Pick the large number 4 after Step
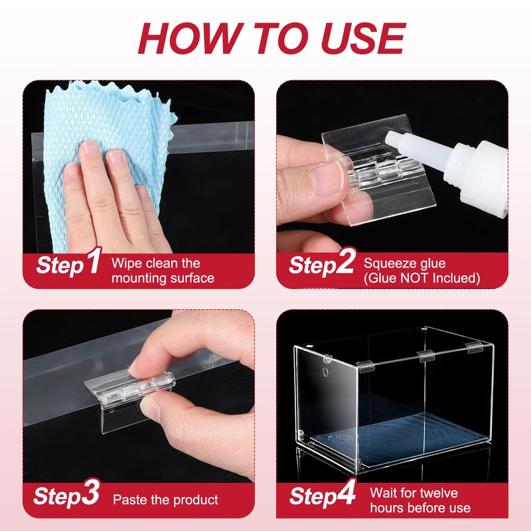click(346, 492)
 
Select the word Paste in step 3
click(128, 500)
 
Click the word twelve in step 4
click(439, 493)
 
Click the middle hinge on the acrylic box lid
click(425, 356)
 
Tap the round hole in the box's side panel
click(325, 372)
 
